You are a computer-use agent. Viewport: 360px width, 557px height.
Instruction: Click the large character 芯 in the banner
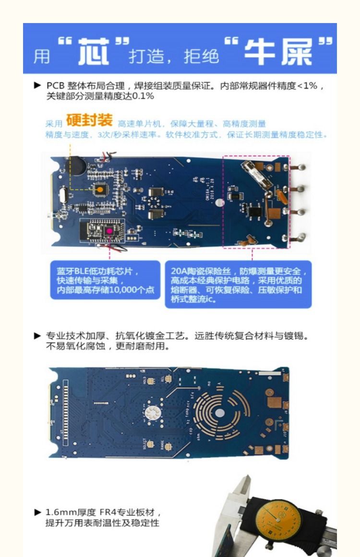point(94,51)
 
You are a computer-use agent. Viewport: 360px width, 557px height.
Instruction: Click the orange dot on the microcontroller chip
point(100,190)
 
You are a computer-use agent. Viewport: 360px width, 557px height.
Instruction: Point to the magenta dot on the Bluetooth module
point(109,231)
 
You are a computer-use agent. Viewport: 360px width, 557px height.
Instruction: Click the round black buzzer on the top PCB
point(77,166)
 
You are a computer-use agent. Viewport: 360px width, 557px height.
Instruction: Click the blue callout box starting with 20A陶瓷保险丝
point(238,285)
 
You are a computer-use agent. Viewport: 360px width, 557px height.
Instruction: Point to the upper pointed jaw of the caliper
point(247,485)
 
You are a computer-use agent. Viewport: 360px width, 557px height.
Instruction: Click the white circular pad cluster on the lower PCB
point(153,411)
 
